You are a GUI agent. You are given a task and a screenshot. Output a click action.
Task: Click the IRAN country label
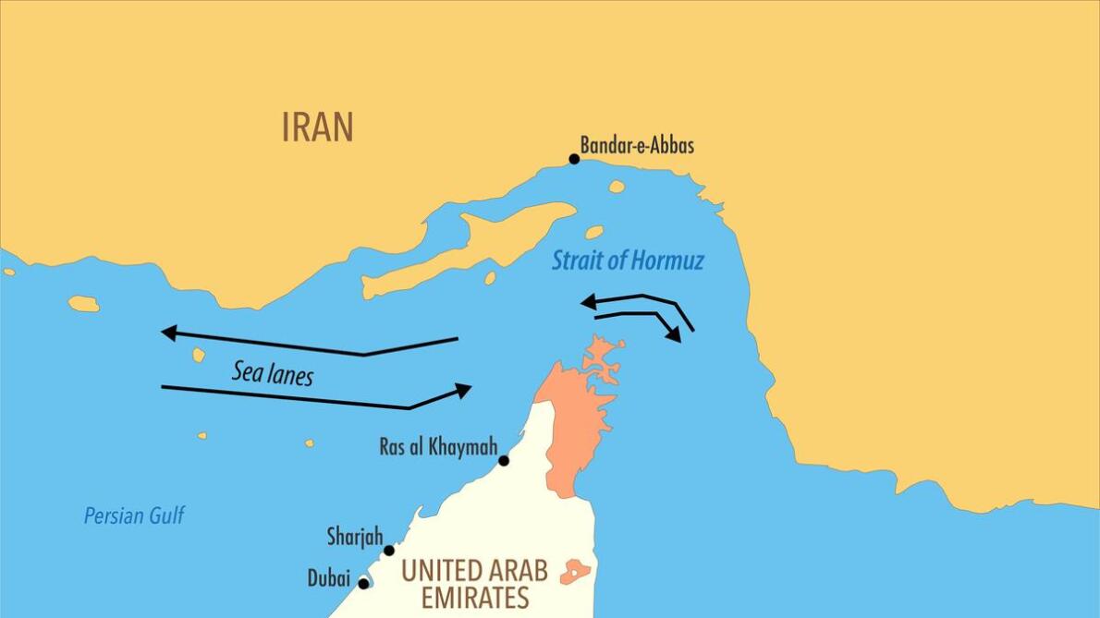tap(317, 127)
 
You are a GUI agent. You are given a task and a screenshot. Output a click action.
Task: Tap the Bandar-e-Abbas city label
tap(637, 145)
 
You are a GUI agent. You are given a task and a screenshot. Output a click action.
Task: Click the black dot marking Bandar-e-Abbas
tap(574, 159)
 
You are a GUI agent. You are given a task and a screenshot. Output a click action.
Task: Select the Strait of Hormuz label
tap(628, 261)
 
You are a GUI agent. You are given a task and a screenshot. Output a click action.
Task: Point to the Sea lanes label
tap(272, 373)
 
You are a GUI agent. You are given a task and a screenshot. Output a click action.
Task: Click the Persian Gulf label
tap(134, 515)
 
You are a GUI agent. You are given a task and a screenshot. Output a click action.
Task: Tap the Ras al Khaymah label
tap(438, 447)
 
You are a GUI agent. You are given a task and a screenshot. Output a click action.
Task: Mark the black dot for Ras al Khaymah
tap(504, 460)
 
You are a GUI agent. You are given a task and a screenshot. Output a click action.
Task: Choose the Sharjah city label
tap(354, 536)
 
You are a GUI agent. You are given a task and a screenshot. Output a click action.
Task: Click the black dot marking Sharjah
tap(389, 551)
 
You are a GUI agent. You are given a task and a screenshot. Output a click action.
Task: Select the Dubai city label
tap(329, 579)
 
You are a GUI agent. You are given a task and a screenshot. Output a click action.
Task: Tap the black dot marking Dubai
tap(363, 583)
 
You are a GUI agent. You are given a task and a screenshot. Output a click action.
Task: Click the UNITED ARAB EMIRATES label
tap(474, 583)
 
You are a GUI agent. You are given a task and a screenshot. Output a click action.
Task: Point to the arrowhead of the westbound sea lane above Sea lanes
tap(169, 333)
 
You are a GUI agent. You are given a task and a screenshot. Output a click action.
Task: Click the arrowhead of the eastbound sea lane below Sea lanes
tap(463, 390)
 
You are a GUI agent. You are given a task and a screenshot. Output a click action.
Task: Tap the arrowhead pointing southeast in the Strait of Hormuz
tap(676, 334)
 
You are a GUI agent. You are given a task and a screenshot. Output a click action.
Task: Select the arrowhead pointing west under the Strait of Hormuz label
tap(587, 301)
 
